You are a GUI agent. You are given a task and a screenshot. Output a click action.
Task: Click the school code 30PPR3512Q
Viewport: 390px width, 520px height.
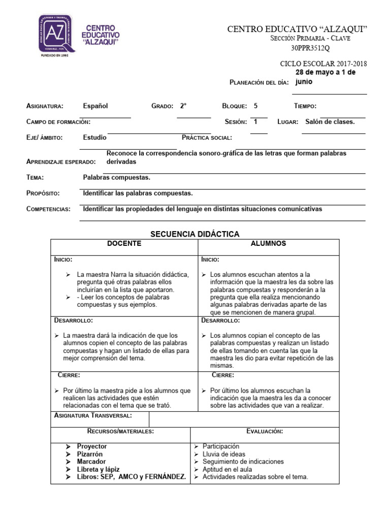pyautogui.click(x=310, y=49)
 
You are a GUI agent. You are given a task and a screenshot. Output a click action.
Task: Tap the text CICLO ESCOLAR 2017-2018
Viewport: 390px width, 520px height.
pyautogui.click(x=323, y=64)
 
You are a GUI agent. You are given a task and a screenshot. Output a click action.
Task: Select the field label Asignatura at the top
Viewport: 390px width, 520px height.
pyautogui.click(x=45, y=106)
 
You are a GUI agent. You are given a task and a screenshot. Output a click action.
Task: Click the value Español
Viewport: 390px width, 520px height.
pyautogui.click(x=95, y=106)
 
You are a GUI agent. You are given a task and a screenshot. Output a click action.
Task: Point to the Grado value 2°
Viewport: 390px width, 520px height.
pyautogui.click(x=183, y=106)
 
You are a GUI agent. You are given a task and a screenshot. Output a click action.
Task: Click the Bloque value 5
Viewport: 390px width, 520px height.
pyautogui.click(x=255, y=106)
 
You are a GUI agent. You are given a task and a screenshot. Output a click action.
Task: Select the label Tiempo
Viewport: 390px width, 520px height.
pyautogui.click(x=305, y=106)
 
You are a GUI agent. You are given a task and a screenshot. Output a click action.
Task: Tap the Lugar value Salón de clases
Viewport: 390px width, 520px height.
pyautogui.click(x=330, y=122)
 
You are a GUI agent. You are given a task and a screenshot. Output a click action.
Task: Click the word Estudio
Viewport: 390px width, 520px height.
pyautogui.click(x=94, y=137)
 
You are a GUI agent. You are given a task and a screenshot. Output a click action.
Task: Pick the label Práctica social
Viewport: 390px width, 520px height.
pyautogui.click(x=207, y=138)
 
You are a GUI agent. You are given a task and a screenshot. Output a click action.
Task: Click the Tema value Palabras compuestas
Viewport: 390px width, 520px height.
pyautogui.click(x=116, y=177)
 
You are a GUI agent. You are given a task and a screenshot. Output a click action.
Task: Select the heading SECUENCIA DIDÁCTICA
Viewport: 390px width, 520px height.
pyautogui.click(x=195, y=234)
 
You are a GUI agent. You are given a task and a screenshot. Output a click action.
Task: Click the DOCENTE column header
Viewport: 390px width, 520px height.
pyautogui.click(x=124, y=244)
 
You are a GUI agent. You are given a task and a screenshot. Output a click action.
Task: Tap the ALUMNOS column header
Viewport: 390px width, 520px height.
pyautogui.click(x=268, y=244)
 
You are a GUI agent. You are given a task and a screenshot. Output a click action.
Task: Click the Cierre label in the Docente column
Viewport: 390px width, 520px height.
pyautogui.click(x=69, y=375)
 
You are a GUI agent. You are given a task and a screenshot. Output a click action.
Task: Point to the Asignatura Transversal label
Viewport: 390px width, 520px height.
pyautogui.click(x=93, y=416)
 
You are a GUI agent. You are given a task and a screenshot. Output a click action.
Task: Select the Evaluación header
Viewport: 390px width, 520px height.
pyautogui.click(x=265, y=431)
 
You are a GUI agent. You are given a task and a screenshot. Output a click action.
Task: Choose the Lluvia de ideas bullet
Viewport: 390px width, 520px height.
pyautogui.click(x=223, y=454)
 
